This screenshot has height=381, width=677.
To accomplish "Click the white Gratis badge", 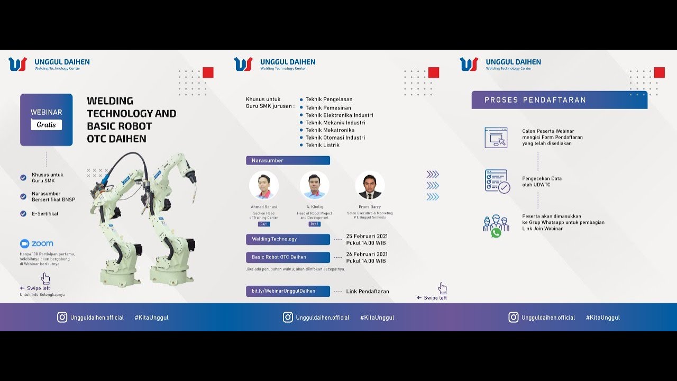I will tap(46, 125).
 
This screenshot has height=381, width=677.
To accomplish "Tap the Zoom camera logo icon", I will tap(24, 243).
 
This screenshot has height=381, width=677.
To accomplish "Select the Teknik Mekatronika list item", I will tap(330, 130).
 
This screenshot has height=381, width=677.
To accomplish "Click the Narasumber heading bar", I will tap(288, 160).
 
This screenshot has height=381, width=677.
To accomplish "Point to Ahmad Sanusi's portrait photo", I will tap(264, 185).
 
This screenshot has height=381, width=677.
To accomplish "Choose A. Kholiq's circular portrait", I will tap(315, 185).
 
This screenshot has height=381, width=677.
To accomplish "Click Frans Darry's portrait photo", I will tap(370, 185).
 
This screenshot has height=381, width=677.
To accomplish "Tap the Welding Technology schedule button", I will tap(288, 239).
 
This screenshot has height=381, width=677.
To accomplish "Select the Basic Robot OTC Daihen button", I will tap(288, 257).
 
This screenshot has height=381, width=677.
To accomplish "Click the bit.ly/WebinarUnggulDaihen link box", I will tap(288, 291).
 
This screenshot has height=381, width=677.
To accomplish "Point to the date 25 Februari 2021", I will tap(367, 235).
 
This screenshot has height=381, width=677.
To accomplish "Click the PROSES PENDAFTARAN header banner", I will tap(559, 100).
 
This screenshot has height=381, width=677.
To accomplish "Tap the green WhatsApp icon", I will tap(496, 233).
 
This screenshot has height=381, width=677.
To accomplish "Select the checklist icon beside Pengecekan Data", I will tap(497, 181).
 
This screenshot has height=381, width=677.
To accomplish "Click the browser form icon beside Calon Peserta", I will tap(496, 138).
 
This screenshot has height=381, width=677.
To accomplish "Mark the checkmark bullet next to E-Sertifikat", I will tap(23, 214).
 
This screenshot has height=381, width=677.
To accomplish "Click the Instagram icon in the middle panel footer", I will tap(288, 317).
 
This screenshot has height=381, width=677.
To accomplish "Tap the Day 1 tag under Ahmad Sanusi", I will tap(264, 224).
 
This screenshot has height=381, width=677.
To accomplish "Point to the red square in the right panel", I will tap(660, 72).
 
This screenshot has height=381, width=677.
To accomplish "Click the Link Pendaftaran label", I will tap(368, 292).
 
